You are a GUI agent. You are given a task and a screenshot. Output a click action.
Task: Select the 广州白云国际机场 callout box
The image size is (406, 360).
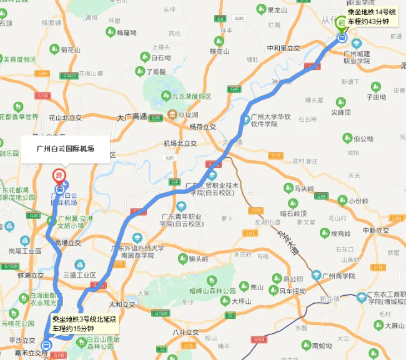[x=66, y=148]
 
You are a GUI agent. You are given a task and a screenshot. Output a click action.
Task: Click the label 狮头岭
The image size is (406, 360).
[x=196, y=259]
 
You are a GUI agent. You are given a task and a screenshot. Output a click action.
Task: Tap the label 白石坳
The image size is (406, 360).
[x=161, y=57]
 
